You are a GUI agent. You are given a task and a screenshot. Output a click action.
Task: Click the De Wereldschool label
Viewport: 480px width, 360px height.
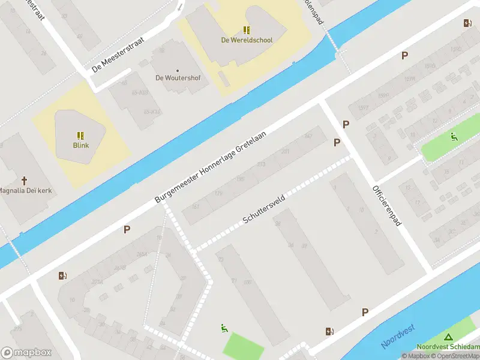pyautogui.click(x=247, y=40)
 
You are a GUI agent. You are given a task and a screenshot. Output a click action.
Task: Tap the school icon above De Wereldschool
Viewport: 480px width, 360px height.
pyautogui.click(x=247, y=30)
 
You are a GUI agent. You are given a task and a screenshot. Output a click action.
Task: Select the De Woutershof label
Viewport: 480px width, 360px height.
pyautogui.click(x=178, y=78)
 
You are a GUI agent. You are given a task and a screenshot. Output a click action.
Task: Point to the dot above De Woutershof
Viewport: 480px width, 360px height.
pyautogui.click(x=178, y=70)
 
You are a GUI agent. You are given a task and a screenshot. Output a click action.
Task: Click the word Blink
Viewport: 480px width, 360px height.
pyautogui.click(x=80, y=145)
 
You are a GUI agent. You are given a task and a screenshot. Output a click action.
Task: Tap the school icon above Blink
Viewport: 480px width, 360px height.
pyautogui.click(x=80, y=136)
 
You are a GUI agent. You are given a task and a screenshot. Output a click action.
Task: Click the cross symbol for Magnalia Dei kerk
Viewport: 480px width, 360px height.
pyautogui.click(x=25, y=180)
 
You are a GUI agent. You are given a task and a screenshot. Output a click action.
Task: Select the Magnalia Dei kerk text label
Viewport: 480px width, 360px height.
pyautogui.click(x=24, y=191)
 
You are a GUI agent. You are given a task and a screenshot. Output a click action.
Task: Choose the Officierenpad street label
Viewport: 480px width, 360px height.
pyautogui.click(x=386, y=205)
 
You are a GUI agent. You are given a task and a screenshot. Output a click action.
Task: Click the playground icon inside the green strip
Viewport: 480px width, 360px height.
pyautogui.click(x=454, y=136)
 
